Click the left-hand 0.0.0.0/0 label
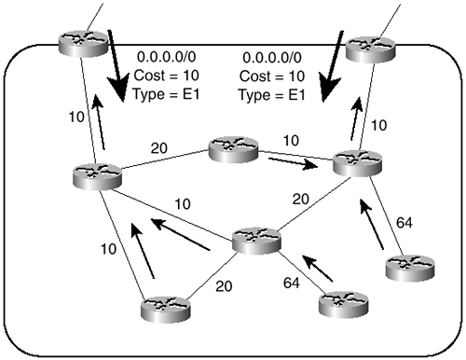point(166,57)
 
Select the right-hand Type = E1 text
point(272,95)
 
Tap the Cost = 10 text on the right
point(272,76)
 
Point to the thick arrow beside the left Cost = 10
point(117,66)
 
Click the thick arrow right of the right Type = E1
point(331,66)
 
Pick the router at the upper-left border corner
point(83,44)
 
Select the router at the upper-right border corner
point(371,49)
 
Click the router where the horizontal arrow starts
point(233,149)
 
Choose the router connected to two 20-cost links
point(256,241)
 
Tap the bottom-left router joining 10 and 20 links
point(165,310)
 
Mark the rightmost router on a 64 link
point(410,268)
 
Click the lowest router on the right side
point(344,304)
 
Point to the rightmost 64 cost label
point(404,223)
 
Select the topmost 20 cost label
point(159,148)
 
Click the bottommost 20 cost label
point(224,286)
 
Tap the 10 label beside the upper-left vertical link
point(76,117)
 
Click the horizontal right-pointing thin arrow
point(294,163)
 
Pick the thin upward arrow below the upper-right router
point(357,118)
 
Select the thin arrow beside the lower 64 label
point(318,269)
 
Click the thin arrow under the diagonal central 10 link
point(180,234)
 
